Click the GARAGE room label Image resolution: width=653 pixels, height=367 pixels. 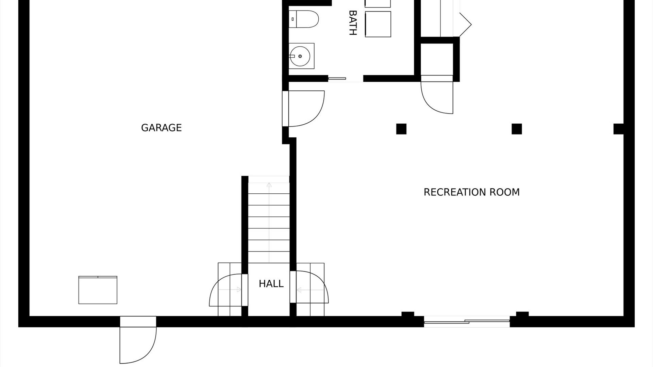(x=161, y=128)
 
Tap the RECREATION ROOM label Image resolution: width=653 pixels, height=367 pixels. (x=471, y=192)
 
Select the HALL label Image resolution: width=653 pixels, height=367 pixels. (x=271, y=284)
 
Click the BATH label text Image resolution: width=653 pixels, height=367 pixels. (x=353, y=23)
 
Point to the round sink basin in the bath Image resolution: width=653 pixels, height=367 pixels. (x=300, y=56)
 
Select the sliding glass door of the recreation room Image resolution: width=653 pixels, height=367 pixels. (x=467, y=321)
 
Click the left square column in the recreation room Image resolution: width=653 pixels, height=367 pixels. (x=401, y=129)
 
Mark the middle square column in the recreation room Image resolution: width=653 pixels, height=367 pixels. (x=517, y=129)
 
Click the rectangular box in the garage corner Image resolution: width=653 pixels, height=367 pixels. (x=98, y=290)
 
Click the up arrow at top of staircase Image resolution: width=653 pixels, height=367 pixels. (x=269, y=185)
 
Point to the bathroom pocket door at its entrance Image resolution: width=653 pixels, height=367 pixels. (x=337, y=78)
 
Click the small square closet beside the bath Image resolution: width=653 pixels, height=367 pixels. (x=437, y=59)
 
